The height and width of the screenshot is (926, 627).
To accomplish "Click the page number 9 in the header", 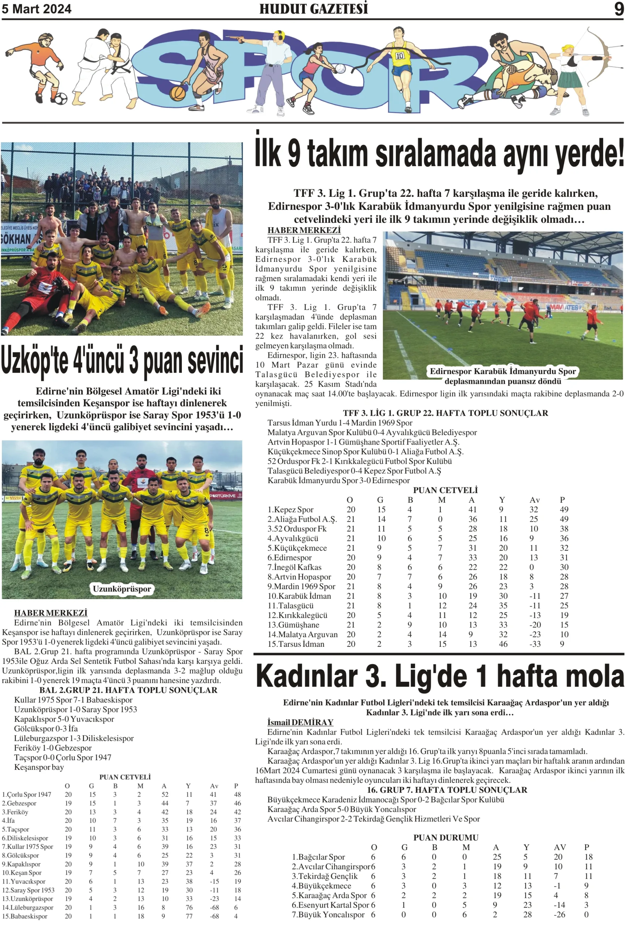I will click(618, 9).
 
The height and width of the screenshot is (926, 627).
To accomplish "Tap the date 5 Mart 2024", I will click(37, 9).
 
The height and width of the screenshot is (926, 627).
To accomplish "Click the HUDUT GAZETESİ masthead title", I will click(313, 9).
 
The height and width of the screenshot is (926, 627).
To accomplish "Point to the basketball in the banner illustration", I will click(178, 93).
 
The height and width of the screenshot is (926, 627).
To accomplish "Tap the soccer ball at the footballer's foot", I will click(60, 98).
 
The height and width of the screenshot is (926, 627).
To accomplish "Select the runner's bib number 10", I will click(400, 56).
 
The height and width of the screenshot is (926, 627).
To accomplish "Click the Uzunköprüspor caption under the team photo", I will click(122, 589).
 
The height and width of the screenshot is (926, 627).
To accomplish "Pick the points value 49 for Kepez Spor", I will click(564, 510).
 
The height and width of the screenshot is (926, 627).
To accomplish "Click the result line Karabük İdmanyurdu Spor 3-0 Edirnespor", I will click(338, 480).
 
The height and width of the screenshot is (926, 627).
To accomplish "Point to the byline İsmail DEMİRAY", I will click(300, 722).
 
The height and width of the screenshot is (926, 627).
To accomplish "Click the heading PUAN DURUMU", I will click(445, 837).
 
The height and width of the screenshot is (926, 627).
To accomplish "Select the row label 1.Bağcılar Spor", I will click(318, 857).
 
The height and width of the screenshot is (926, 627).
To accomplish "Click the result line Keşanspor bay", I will click(39, 767).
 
